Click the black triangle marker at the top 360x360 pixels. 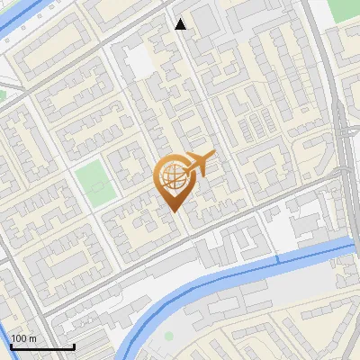click(181, 24)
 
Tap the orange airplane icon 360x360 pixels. click(201, 164)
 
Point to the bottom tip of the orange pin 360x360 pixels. click(173, 210)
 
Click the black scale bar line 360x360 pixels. click(41, 347)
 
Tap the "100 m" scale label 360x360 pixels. click(24, 338)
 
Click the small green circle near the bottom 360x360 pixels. click(168, 336)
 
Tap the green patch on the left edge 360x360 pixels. click(3, 94)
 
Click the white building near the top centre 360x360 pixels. click(137, 61)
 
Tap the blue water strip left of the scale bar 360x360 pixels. click(4, 324)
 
